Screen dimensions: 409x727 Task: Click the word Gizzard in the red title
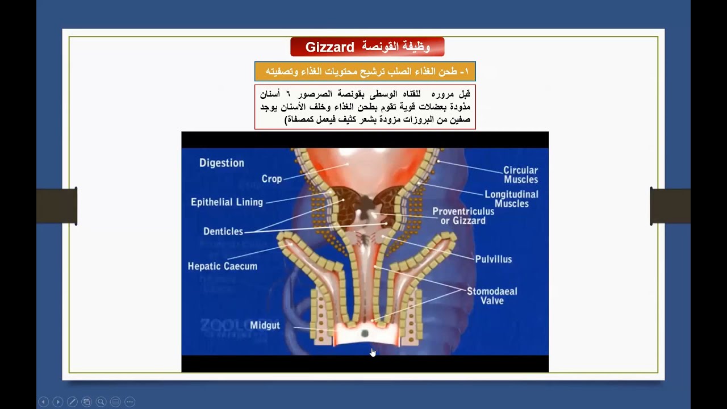point(329,47)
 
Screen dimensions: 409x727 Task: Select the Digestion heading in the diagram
point(222,163)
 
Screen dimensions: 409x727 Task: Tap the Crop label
point(271,179)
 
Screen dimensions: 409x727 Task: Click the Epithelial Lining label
point(227,202)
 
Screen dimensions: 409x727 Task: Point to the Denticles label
point(223,232)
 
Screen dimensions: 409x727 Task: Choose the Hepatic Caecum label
point(222,266)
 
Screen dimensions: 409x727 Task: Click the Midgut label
point(265,325)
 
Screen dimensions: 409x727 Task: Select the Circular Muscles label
point(520,175)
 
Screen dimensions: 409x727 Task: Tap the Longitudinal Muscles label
point(511,199)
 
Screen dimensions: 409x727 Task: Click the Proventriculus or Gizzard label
point(463,216)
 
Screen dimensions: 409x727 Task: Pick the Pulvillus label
point(493,260)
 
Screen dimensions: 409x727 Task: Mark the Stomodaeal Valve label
point(492,296)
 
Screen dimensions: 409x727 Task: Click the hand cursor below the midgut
point(373,352)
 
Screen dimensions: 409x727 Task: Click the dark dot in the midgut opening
point(365,333)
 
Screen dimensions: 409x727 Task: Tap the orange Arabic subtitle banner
point(365,72)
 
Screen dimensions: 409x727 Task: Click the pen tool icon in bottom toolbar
point(72,402)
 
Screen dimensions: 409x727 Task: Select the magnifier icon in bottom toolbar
point(101,402)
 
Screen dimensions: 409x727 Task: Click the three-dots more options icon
point(129,402)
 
